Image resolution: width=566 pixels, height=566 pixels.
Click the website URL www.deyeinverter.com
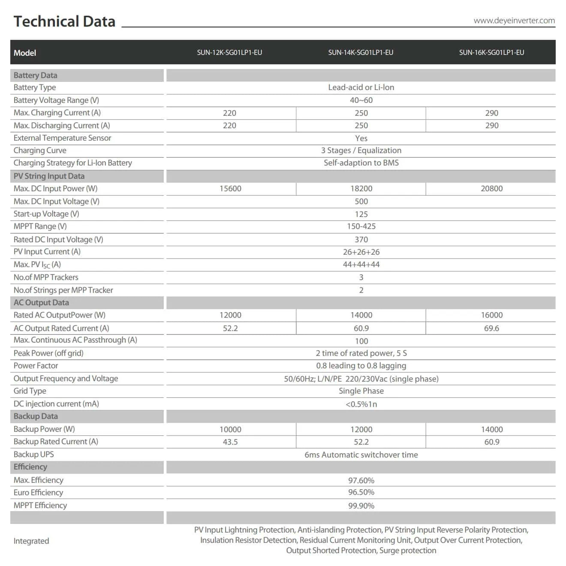[x=514, y=21]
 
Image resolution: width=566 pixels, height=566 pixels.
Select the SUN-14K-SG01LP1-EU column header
[x=361, y=53]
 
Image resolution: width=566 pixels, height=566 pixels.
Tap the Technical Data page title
[x=64, y=21]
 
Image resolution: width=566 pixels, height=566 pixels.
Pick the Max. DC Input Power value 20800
[x=491, y=189]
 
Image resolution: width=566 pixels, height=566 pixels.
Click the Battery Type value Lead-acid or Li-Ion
[x=361, y=87]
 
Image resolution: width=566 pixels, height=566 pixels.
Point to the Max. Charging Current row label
[x=57, y=113]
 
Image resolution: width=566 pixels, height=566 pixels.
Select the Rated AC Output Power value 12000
[x=230, y=315]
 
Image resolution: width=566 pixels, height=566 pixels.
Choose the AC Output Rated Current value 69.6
[x=491, y=328]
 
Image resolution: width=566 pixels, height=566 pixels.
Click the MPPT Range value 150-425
[x=361, y=226]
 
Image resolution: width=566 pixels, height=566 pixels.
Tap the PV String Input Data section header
[x=49, y=176]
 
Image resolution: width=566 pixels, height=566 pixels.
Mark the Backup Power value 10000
[x=230, y=429]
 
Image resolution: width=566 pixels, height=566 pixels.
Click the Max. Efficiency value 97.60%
[x=361, y=480]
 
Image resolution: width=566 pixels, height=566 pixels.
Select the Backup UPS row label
[x=33, y=455]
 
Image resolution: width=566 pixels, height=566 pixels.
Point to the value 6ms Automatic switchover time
[x=361, y=455]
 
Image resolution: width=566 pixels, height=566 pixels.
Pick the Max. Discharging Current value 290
[x=491, y=126]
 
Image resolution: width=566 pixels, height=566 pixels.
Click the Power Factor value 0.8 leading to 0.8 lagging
[x=361, y=366]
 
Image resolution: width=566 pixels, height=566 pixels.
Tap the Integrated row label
[x=31, y=541]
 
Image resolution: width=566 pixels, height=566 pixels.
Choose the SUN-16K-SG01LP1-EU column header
[x=491, y=53]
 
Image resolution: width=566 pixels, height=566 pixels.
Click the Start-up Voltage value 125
[x=361, y=214]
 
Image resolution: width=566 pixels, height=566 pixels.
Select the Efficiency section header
[x=30, y=467]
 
